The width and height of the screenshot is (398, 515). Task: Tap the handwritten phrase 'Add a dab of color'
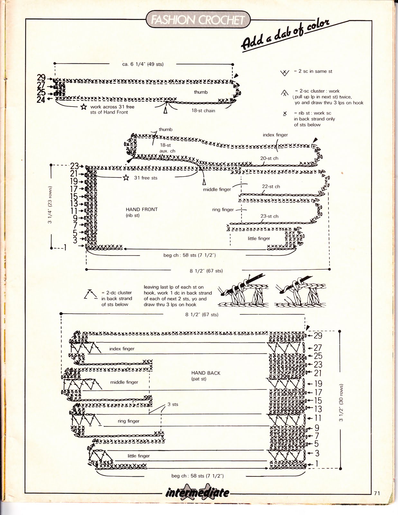pos(285,35)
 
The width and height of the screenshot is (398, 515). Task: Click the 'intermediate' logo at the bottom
pos(198,492)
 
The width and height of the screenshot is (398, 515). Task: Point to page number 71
pos(377,493)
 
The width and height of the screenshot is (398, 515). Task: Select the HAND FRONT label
pos(142,210)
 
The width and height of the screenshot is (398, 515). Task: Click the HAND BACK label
pos(206,373)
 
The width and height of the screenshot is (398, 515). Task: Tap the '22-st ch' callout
pos(271,186)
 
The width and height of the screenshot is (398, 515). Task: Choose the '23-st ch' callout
pos(269,216)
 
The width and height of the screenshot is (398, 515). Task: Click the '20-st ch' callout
pos(269,158)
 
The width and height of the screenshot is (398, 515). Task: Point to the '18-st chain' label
pos(203,110)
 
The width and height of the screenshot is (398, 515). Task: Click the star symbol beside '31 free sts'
pos(126,178)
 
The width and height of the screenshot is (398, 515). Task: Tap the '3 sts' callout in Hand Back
pos(173,404)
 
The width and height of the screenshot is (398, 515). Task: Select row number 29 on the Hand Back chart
pos(318,336)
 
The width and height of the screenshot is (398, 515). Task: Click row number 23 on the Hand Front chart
pos(75,166)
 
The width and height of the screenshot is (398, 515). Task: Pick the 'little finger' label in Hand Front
pos(259,239)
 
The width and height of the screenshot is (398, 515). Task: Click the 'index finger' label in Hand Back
pos(122,349)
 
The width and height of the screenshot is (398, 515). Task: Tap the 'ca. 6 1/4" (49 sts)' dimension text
pos(143,64)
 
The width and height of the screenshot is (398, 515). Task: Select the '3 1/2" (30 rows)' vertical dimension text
pos(341,402)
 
